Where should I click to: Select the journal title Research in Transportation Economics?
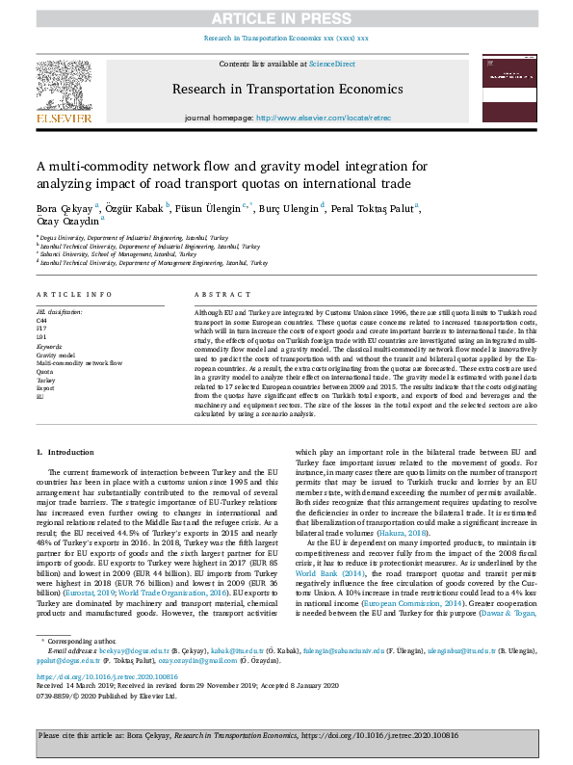tap(286, 89)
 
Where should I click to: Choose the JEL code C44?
tap(42, 320)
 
